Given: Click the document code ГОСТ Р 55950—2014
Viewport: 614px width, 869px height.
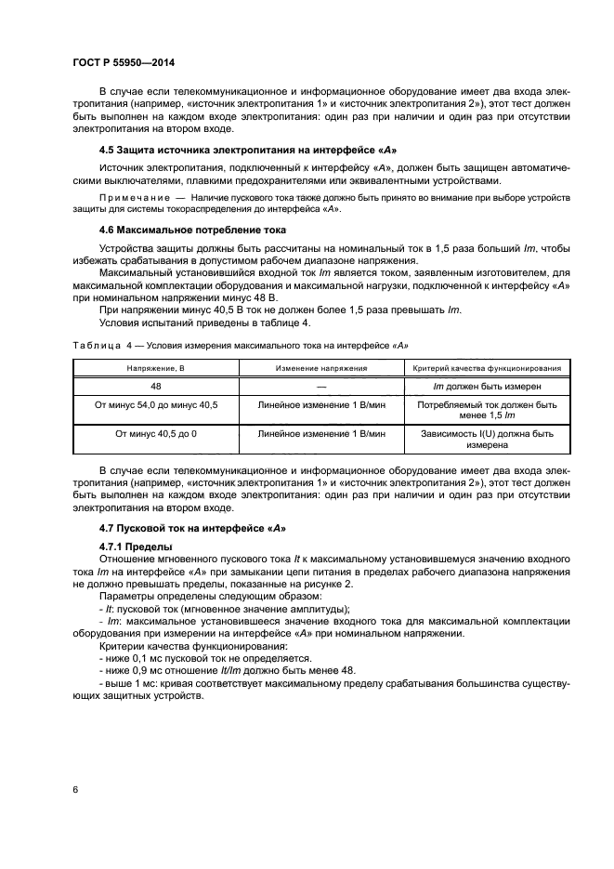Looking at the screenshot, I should point(123,61).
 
